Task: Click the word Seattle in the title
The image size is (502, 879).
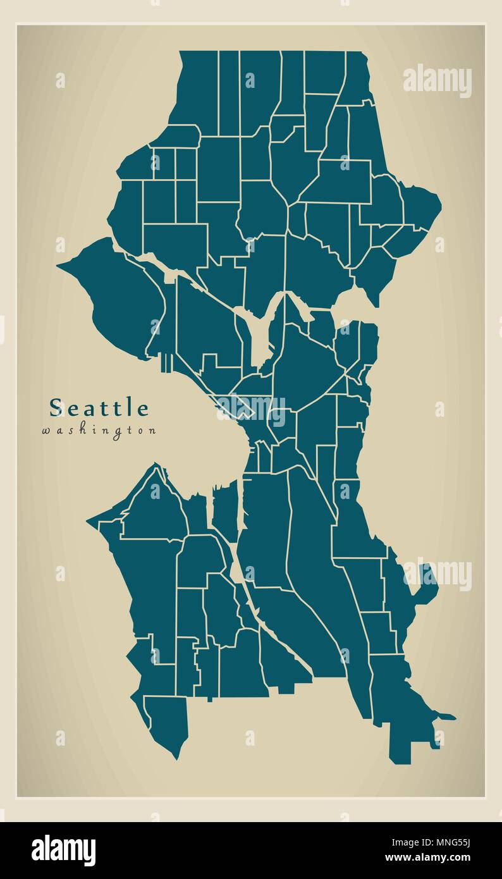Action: click(x=99, y=408)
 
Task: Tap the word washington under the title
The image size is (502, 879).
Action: click(x=99, y=431)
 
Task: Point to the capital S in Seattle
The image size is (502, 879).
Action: click(x=56, y=408)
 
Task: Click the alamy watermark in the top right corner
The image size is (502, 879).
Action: click(x=438, y=80)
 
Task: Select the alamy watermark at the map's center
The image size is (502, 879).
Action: click(x=252, y=409)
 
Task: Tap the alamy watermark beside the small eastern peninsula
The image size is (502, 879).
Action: click(x=438, y=574)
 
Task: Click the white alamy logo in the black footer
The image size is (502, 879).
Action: click(x=63, y=850)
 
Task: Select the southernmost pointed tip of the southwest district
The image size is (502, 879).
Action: click(x=178, y=757)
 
